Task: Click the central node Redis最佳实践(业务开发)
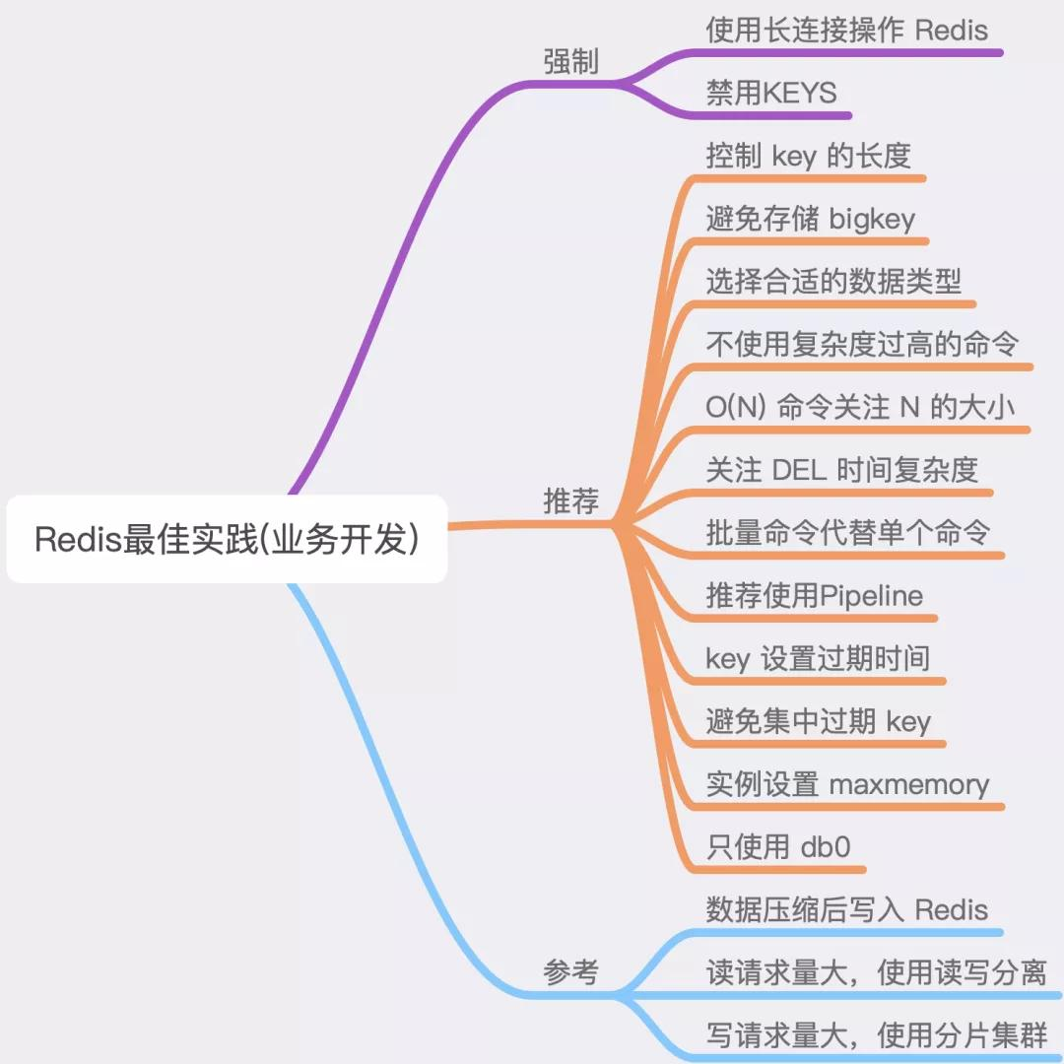coord(227,539)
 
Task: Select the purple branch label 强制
coord(570,62)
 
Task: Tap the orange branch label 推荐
coord(570,500)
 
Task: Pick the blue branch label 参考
coord(570,971)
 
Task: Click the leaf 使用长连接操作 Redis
coord(847,31)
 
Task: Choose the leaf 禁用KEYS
coord(771,93)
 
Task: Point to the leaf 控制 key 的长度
coord(808,156)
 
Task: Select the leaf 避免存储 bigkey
coord(810,219)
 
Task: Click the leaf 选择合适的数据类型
coord(833,281)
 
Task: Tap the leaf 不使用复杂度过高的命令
coord(862,344)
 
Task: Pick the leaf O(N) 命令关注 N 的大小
coord(860,407)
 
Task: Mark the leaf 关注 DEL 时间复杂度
coord(841,470)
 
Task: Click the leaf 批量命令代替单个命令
coord(847,533)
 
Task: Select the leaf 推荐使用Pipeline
coord(815,596)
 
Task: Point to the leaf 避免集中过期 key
coord(819,721)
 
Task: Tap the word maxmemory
coord(909,785)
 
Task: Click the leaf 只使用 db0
coord(778,847)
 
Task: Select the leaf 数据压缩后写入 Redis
coord(847,910)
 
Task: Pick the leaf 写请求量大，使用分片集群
coord(877,1035)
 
